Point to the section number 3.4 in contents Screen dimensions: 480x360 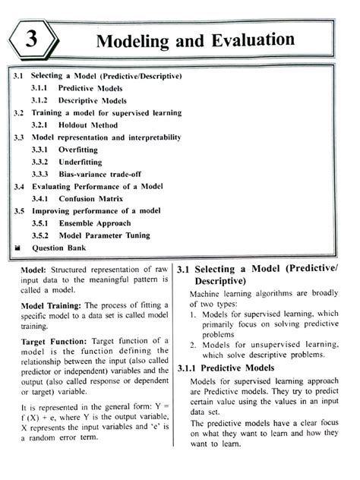click(x=19, y=186)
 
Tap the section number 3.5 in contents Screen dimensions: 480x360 click(x=19, y=211)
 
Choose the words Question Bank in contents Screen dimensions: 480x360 click(x=59, y=248)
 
